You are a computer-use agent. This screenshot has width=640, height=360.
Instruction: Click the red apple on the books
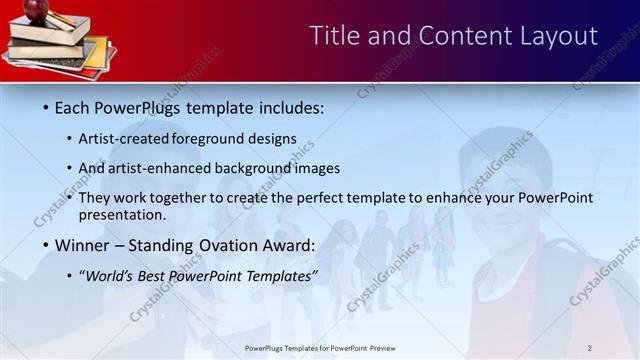pos(37,9)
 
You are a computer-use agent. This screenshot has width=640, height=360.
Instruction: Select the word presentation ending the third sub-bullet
pos(121,214)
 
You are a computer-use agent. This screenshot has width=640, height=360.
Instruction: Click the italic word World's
pos(109,275)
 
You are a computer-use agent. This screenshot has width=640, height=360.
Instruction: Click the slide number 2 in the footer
pos(590,348)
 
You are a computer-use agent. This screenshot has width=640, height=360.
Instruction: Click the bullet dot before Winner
pos(45,245)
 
